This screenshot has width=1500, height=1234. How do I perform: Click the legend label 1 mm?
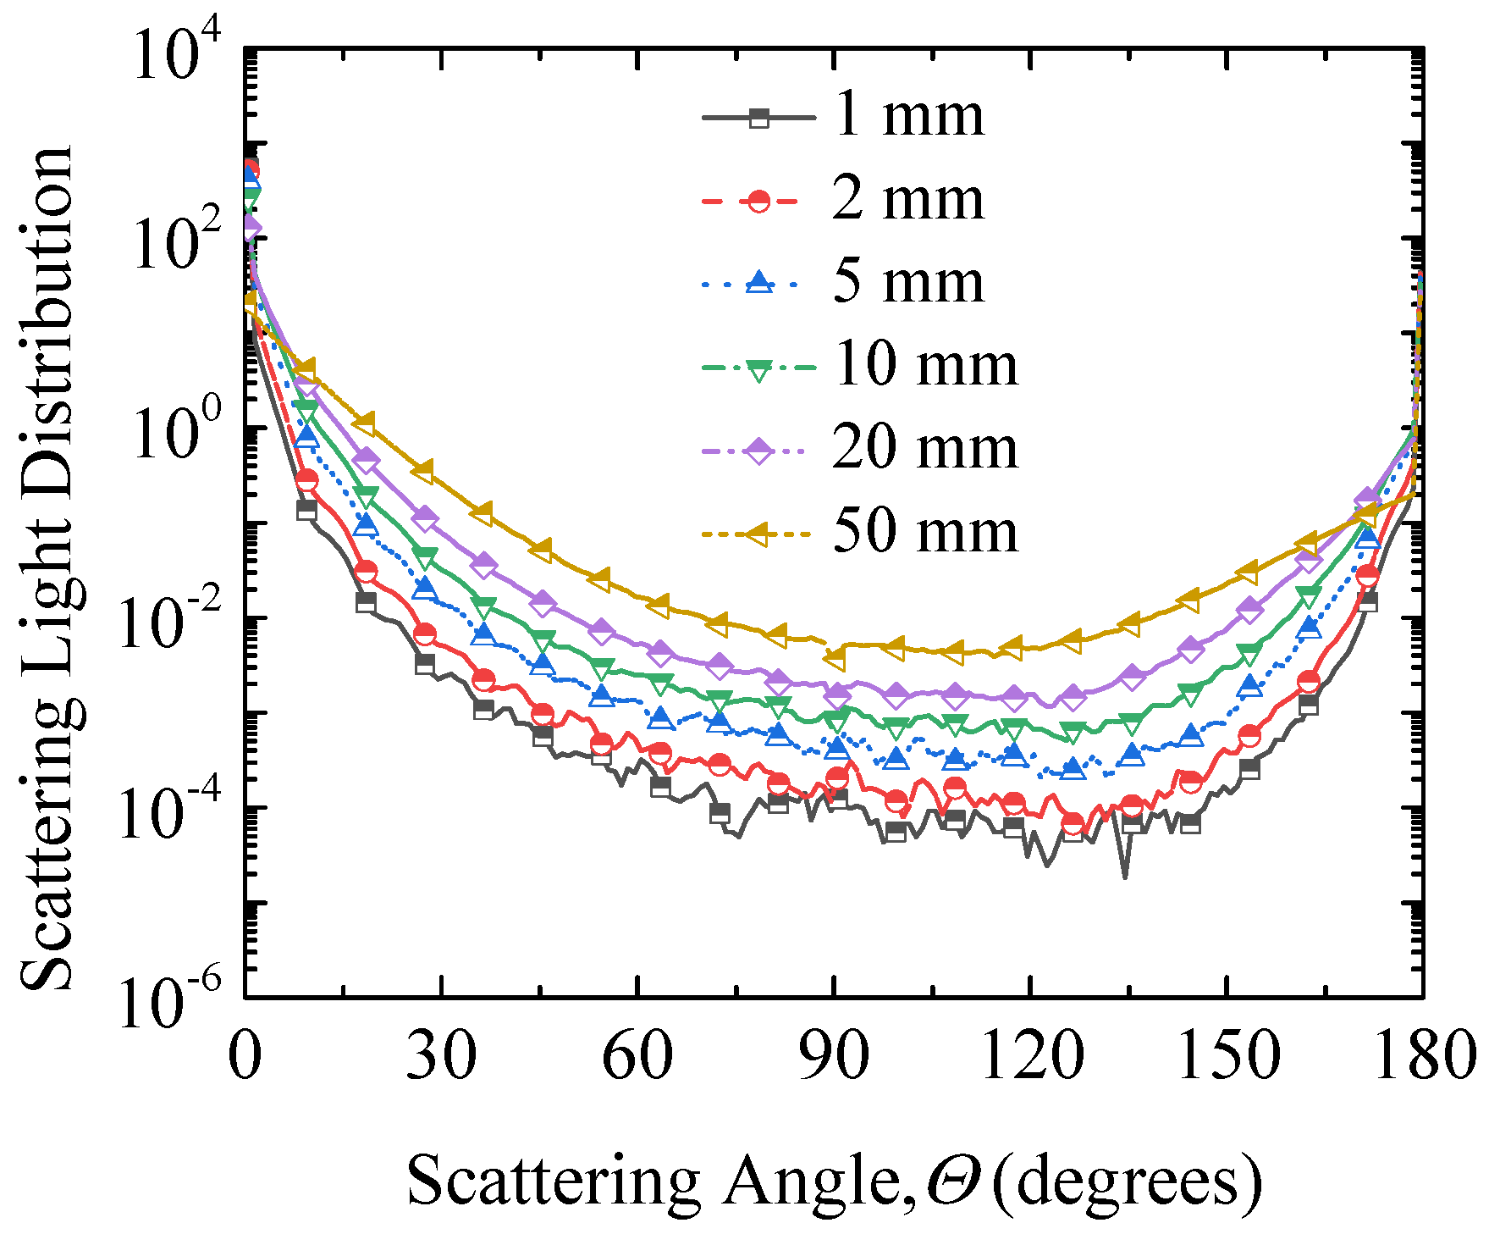(x=908, y=116)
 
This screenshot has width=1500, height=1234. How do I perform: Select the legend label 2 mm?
(x=908, y=200)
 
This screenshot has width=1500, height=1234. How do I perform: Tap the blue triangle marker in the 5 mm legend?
(x=759, y=282)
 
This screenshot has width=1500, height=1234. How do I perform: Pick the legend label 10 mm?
(x=925, y=365)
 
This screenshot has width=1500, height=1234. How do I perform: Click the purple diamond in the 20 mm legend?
(x=759, y=449)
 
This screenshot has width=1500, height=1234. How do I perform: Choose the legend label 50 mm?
(x=925, y=532)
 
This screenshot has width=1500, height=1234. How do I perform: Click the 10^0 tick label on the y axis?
(x=178, y=439)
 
